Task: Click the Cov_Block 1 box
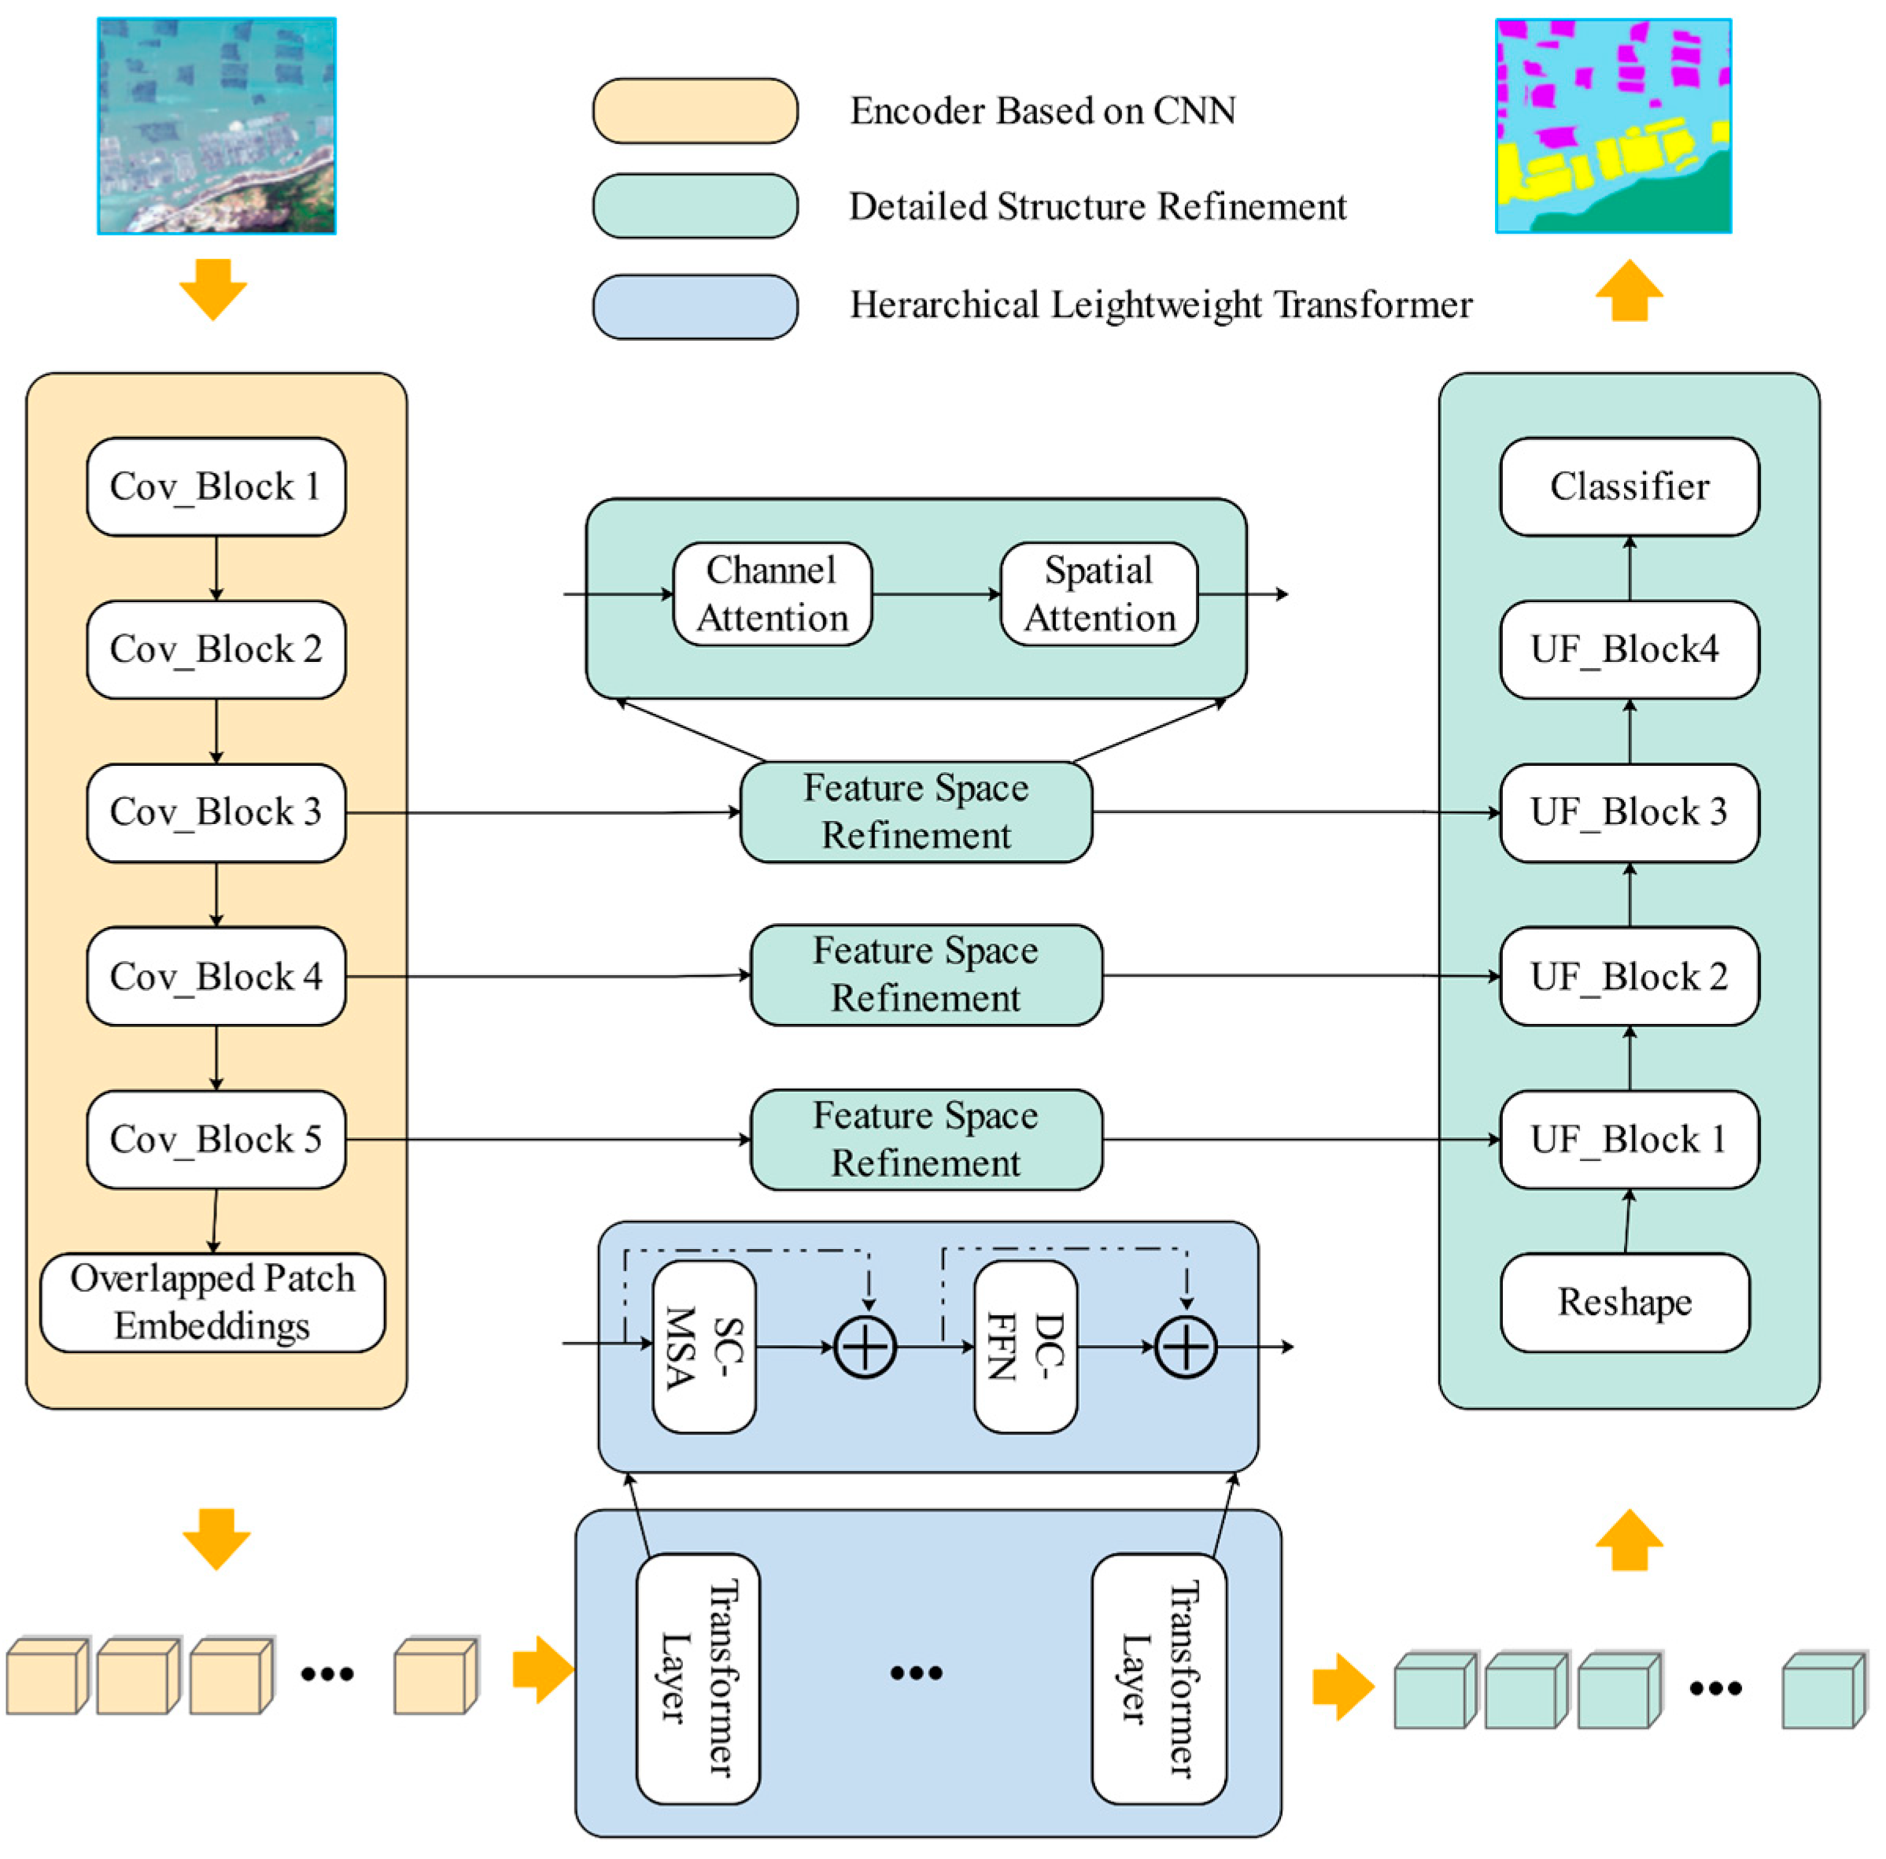coord(216,486)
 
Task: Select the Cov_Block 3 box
coord(216,812)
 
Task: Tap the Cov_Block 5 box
coord(216,1140)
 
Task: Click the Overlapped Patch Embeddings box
coord(212,1303)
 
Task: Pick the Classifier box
coord(1629,486)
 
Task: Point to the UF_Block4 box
coord(1629,649)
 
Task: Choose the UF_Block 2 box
coord(1629,977)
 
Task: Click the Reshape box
coord(1624,1303)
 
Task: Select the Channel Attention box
coord(772,594)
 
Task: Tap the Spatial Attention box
coord(1099,594)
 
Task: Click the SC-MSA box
coord(704,1347)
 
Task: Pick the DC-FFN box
coord(1026,1347)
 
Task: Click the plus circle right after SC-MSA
coord(865,1347)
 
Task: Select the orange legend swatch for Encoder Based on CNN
coord(695,111)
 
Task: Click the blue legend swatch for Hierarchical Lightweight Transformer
coord(695,307)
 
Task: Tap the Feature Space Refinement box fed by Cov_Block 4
coord(926,975)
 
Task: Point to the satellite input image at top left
coord(216,126)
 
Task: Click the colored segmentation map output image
coord(1614,126)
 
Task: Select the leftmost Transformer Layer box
coord(698,1678)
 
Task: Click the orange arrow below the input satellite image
coord(212,288)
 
